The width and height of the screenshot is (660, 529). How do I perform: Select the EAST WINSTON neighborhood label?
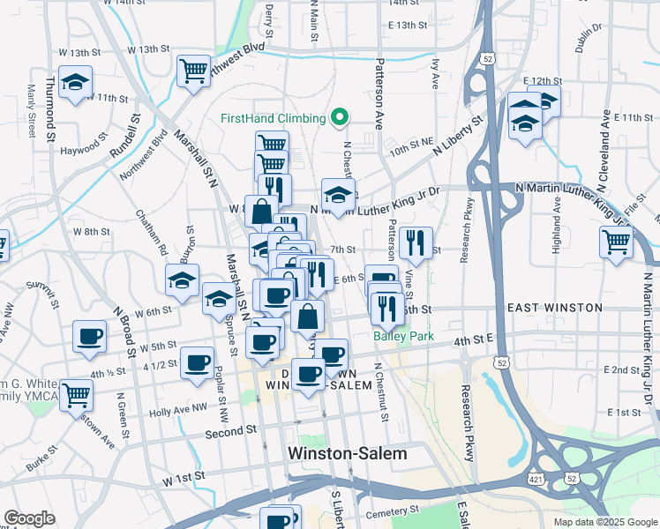point(555,308)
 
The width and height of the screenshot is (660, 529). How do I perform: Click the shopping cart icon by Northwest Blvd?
point(192,71)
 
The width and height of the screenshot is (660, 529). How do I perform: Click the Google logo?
point(29,518)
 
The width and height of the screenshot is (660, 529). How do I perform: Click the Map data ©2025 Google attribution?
point(605,521)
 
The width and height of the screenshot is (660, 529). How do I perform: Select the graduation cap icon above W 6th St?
point(182,282)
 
